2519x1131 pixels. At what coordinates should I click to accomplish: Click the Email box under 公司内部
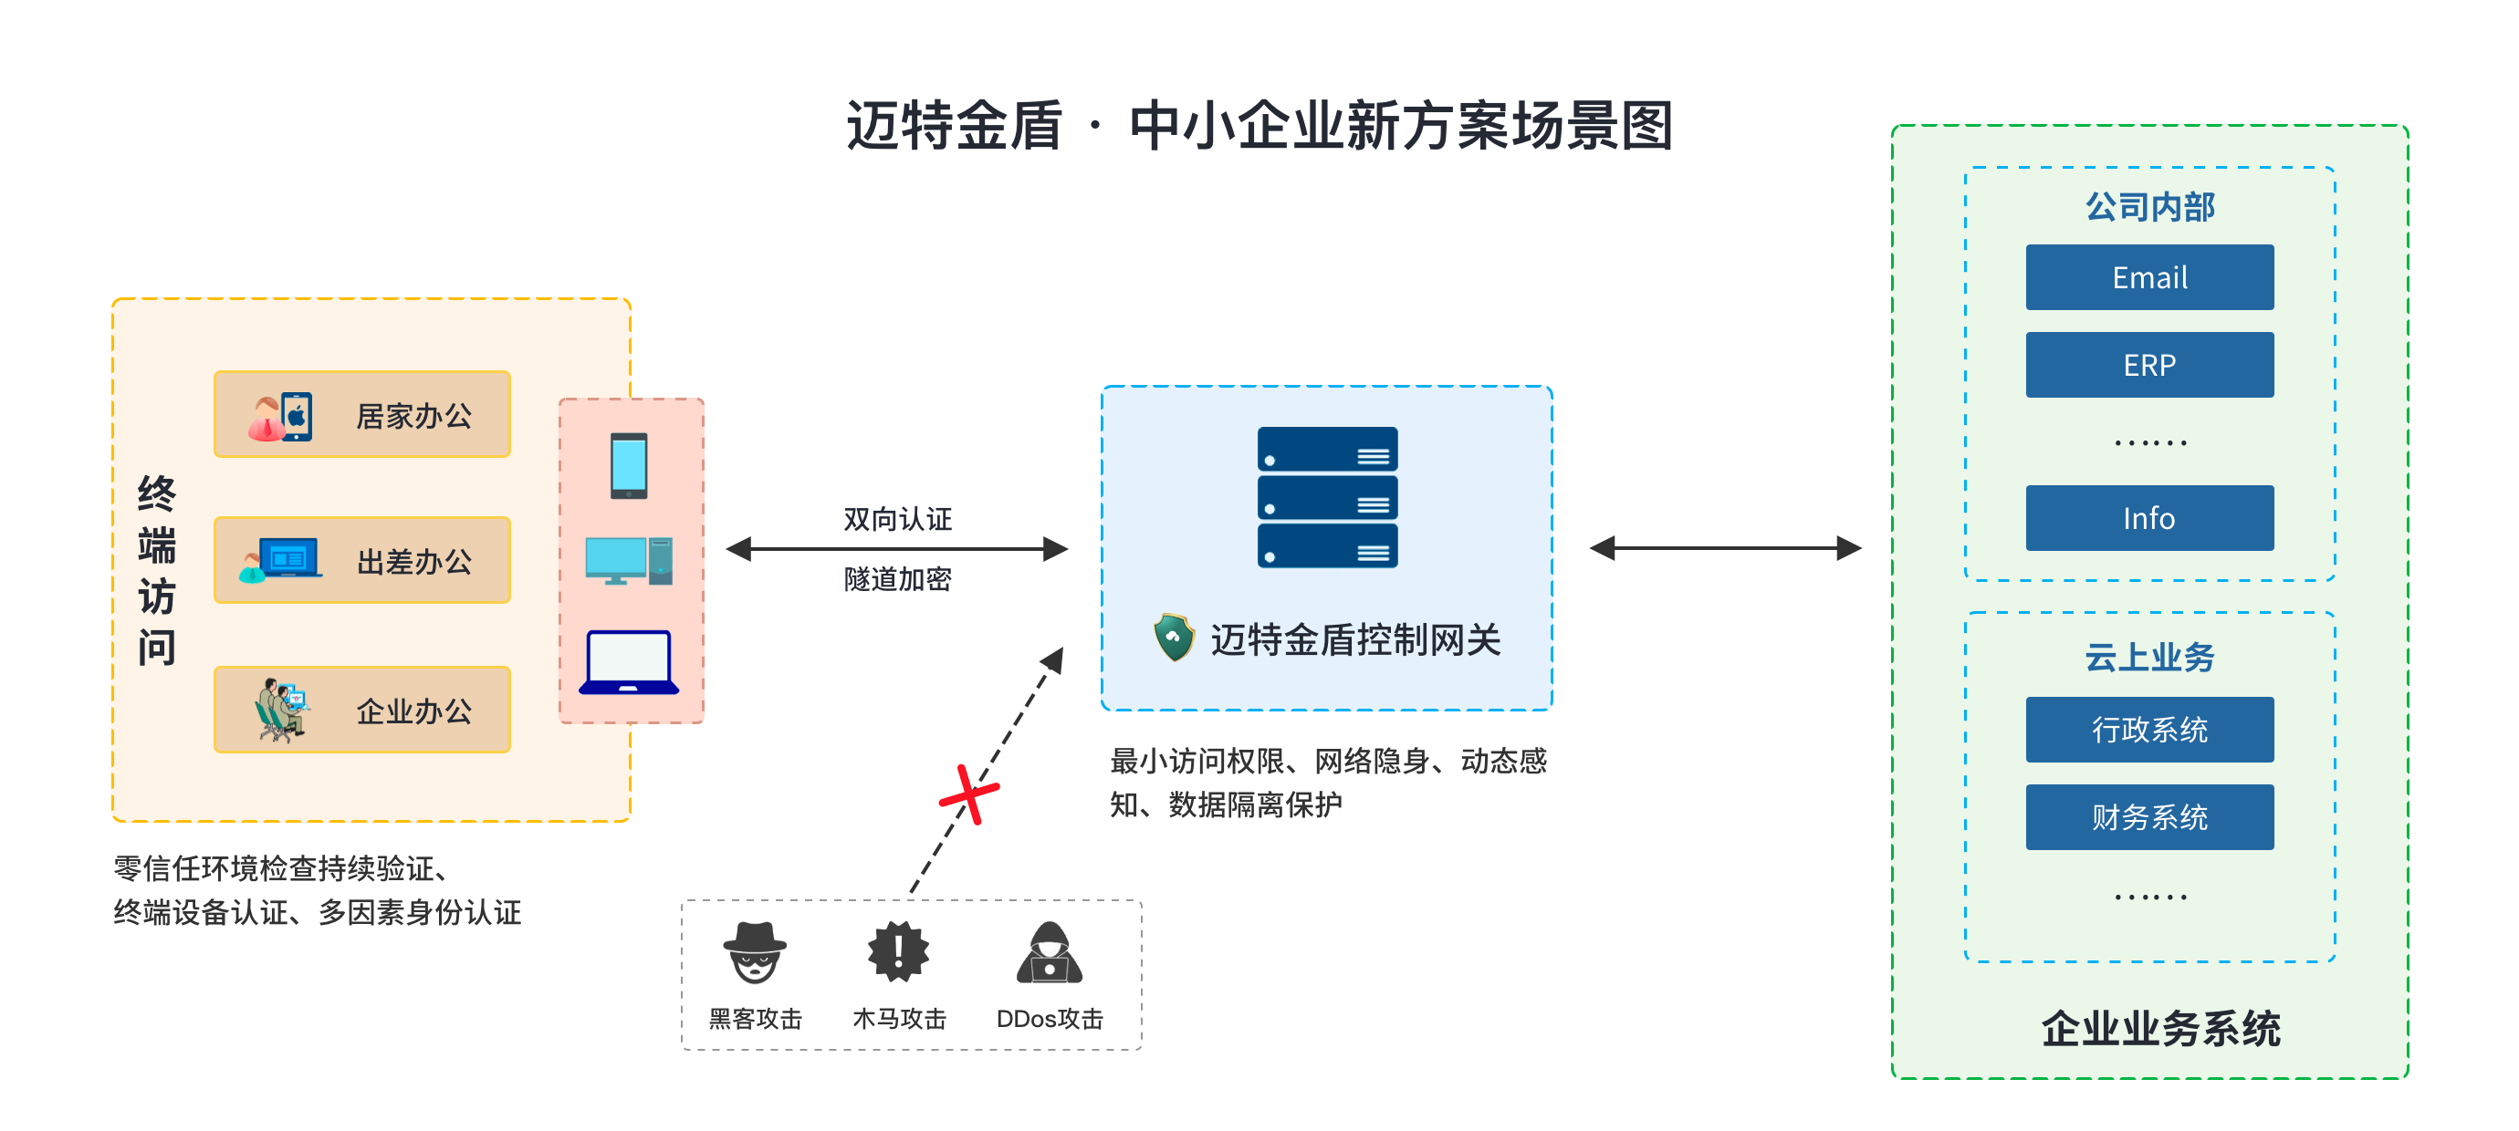coord(2149,276)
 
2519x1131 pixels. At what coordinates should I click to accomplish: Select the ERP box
coord(2149,365)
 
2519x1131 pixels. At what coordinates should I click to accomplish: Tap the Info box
coord(2149,518)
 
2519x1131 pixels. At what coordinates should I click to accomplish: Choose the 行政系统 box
coord(2149,730)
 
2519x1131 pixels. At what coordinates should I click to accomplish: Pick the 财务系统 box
coord(2149,817)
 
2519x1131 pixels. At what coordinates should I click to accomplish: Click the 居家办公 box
coord(361,414)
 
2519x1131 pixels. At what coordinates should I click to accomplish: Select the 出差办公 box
coord(361,560)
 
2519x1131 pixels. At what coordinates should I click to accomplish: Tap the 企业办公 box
coord(361,710)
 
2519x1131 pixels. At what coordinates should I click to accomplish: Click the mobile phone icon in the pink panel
coord(629,465)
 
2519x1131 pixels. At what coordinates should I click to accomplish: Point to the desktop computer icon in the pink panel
coord(629,560)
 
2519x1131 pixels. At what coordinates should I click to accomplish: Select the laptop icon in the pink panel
coord(629,663)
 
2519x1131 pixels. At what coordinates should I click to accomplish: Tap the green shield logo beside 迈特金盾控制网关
coord(1174,638)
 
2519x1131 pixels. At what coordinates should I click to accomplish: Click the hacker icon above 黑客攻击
coord(754,952)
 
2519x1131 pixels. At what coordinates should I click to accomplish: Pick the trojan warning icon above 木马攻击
coord(898,951)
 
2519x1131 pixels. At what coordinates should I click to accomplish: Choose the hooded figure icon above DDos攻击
coord(1050,952)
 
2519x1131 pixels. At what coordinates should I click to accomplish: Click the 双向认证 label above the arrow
coord(898,519)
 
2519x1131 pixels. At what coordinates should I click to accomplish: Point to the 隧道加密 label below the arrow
coord(898,580)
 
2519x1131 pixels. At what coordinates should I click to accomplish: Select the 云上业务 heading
coord(2149,658)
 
